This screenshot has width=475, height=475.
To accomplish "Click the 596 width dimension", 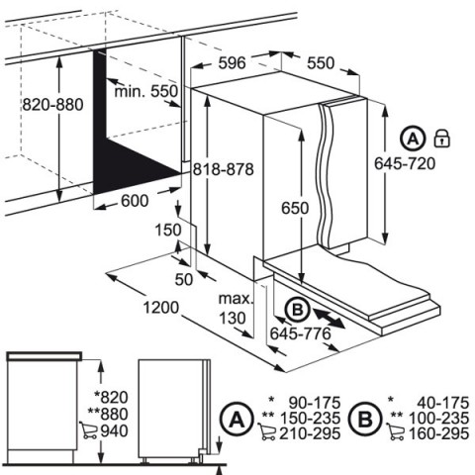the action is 232,62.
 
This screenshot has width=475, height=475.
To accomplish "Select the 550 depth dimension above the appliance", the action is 321,62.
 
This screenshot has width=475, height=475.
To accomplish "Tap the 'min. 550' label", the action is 146,91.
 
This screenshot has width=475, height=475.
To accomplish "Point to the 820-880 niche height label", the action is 52,105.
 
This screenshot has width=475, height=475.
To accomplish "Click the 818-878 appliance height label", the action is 224,169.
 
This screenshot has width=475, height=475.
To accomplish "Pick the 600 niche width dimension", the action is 135,201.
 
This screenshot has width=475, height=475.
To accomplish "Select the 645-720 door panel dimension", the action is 405,163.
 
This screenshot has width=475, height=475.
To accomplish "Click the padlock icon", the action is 441,138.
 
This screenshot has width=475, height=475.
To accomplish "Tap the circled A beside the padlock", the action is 413,139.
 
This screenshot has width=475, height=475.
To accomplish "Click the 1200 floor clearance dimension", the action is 161,308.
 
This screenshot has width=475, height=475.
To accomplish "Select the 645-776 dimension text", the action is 300,333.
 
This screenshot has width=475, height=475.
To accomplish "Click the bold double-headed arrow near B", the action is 329,318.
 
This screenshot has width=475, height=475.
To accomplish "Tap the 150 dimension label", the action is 168,230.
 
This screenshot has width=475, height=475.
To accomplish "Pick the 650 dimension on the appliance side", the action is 295,208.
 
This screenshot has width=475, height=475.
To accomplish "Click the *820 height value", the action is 111,397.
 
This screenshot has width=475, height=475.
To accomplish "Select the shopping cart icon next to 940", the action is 89,430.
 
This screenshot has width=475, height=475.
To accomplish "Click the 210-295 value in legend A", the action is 310,433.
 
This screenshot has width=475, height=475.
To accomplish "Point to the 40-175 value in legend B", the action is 442,403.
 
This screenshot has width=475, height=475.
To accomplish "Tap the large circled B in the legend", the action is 365,420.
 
